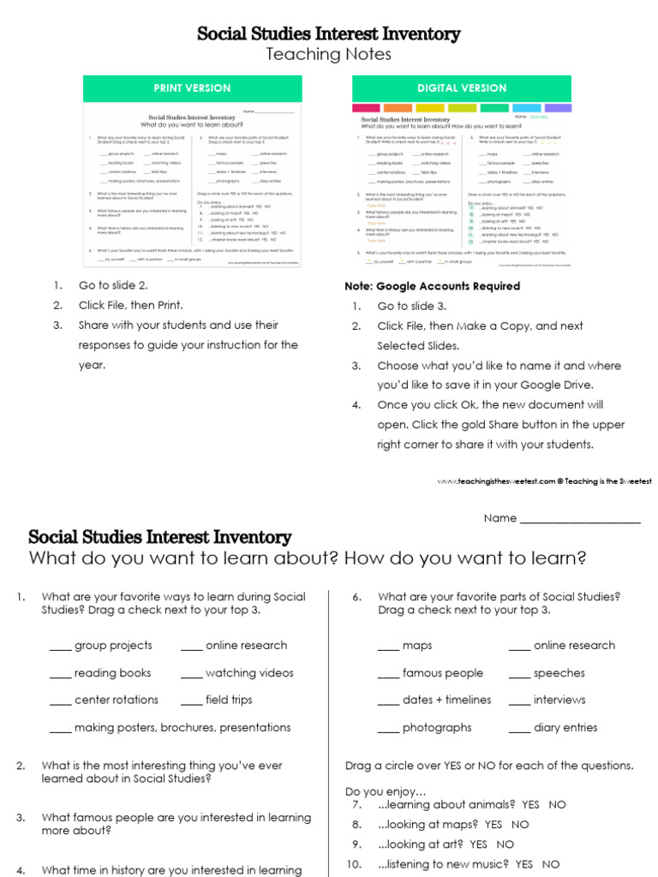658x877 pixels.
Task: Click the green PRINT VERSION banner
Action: (x=192, y=88)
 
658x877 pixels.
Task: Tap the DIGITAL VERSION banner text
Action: (x=462, y=88)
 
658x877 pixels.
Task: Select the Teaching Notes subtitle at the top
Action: (x=328, y=55)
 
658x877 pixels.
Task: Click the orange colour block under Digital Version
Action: (x=397, y=108)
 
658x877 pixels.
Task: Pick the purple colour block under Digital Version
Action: (x=558, y=108)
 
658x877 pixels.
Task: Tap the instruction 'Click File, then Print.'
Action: (x=131, y=305)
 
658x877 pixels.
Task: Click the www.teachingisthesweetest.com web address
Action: (x=497, y=481)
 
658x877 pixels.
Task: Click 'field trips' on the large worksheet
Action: (x=229, y=700)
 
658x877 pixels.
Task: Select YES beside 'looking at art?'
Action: (x=479, y=844)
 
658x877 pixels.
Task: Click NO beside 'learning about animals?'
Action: (x=558, y=805)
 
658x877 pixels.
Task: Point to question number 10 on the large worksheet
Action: (x=358, y=864)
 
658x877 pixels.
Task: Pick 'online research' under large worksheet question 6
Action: (x=574, y=646)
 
